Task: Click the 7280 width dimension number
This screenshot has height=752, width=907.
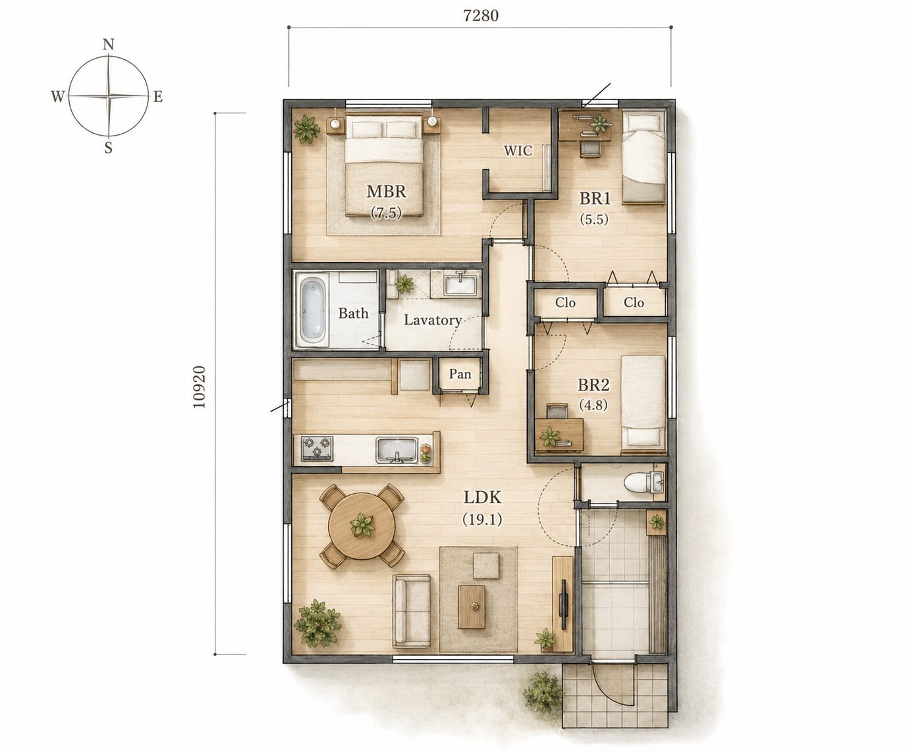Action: (481, 16)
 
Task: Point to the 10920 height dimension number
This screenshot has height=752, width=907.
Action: (200, 387)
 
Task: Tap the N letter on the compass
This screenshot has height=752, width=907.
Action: (108, 44)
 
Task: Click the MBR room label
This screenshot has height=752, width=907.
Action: (386, 191)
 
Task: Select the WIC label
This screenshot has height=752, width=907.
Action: (518, 151)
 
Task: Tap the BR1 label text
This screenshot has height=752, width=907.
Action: (595, 198)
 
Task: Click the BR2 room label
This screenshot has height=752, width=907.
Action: (593, 385)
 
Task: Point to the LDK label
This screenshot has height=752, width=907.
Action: (482, 497)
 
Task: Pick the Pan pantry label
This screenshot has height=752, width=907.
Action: (460, 373)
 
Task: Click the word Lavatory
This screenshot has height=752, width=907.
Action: (433, 321)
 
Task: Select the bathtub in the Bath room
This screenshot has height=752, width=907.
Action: (312, 309)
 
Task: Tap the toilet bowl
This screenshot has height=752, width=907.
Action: (637, 483)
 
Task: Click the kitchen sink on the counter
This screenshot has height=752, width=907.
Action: (397, 450)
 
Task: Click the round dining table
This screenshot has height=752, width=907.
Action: (362, 525)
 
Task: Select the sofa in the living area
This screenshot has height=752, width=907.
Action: (412, 611)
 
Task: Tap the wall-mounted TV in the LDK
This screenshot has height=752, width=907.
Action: (564, 604)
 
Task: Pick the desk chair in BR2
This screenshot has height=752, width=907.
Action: (557, 411)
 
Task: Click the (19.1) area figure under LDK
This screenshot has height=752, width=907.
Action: (482, 520)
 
